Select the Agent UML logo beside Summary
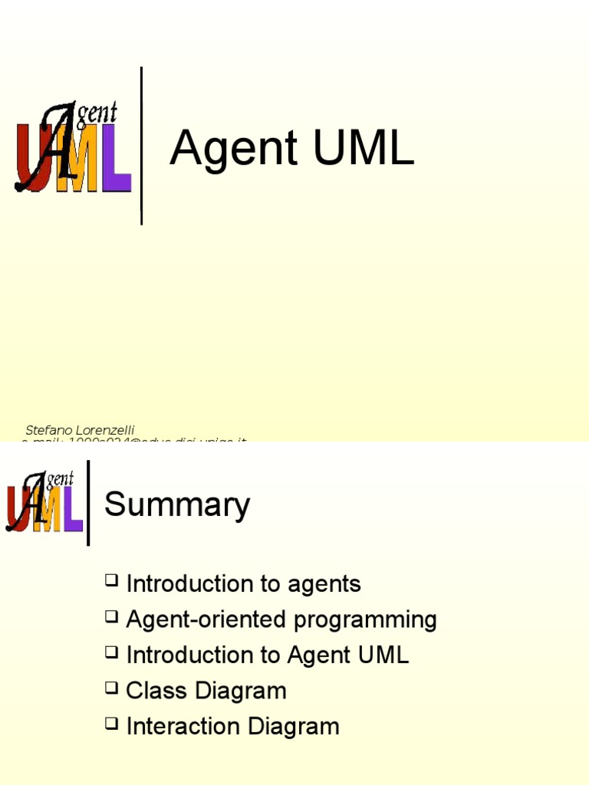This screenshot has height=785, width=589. (x=44, y=503)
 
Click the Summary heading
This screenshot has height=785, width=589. (x=177, y=505)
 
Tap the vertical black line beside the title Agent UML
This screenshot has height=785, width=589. (x=141, y=146)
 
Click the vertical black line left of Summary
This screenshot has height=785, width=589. (x=88, y=503)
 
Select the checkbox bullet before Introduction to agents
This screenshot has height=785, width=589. (x=112, y=582)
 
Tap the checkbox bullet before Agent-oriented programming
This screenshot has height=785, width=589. (x=112, y=617)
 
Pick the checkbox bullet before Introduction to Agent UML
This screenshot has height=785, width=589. (x=112, y=653)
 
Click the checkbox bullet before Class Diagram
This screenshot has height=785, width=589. (x=112, y=688)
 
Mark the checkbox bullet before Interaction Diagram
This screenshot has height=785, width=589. (x=112, y=724)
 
